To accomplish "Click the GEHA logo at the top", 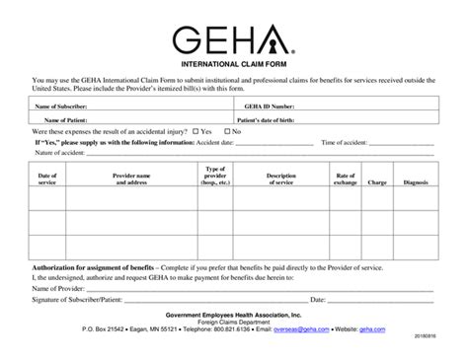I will (x=235, y=42).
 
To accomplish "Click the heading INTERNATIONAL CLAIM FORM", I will (x=234, y=66).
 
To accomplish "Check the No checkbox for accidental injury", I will (x=228, y=131).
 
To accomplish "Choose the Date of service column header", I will (x=47, y=178).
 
